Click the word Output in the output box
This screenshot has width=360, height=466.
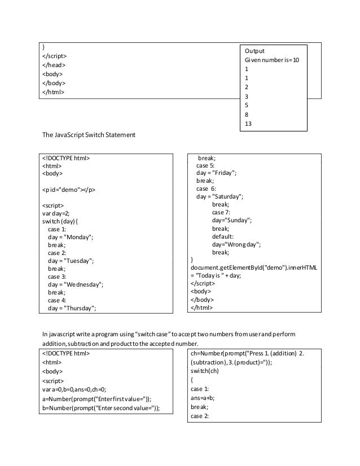[x=254, y=50]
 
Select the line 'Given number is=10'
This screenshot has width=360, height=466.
[x=272, y=59]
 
